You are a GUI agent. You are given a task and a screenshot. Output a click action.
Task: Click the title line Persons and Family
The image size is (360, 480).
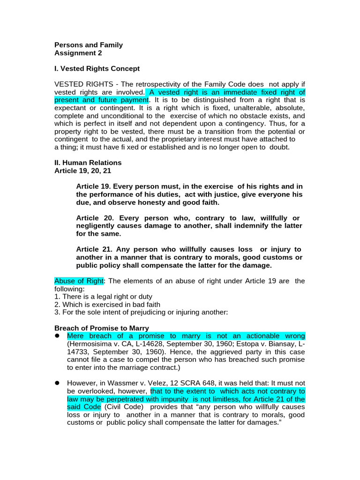click(89, 45)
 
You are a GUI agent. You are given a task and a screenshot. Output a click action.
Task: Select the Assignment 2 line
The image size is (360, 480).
click(78, 53)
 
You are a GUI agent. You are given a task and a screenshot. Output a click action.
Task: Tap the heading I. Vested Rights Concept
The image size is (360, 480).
click(97, 68)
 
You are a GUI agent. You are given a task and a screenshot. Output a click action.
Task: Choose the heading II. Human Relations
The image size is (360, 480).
click(88, 163)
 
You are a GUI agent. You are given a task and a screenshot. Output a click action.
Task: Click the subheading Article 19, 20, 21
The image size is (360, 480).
click(82, 171)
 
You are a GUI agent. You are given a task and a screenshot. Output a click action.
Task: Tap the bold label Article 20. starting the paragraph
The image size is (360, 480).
click(94, 218)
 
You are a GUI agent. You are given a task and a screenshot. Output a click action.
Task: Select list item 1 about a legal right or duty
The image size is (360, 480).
click(103, 297)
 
